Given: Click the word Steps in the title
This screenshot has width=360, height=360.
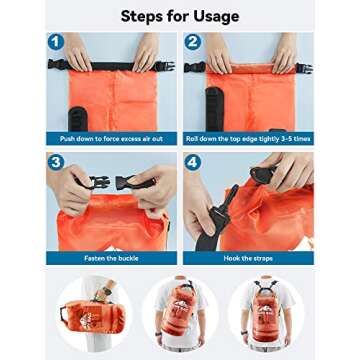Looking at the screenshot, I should point(145,15).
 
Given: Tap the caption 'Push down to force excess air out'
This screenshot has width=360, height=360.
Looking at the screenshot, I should point(110,138).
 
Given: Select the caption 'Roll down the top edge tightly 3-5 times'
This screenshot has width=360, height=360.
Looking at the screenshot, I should point(248,138).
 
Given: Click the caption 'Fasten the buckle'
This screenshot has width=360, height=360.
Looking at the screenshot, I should point(110,257).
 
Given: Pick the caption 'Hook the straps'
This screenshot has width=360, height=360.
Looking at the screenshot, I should point(248,257).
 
